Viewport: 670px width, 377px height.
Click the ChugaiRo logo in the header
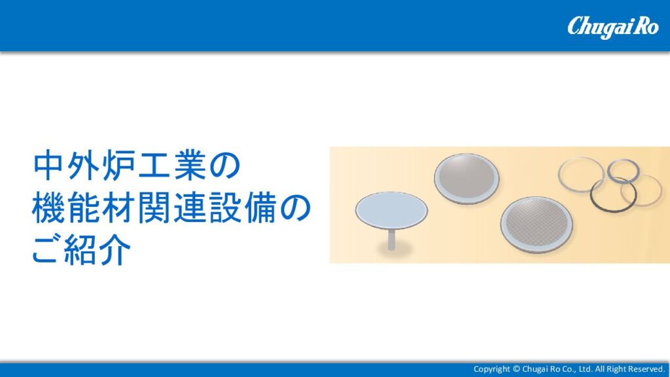pos(612,27)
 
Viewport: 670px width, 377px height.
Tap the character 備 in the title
pos(260,208)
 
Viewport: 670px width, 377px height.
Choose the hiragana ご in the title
pos(46,251)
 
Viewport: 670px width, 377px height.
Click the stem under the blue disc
pos(391,240)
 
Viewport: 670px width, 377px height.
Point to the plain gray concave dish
pos(467,179)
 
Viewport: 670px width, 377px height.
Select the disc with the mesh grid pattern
pos(537,224)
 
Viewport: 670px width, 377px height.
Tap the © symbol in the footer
pos(516,369)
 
